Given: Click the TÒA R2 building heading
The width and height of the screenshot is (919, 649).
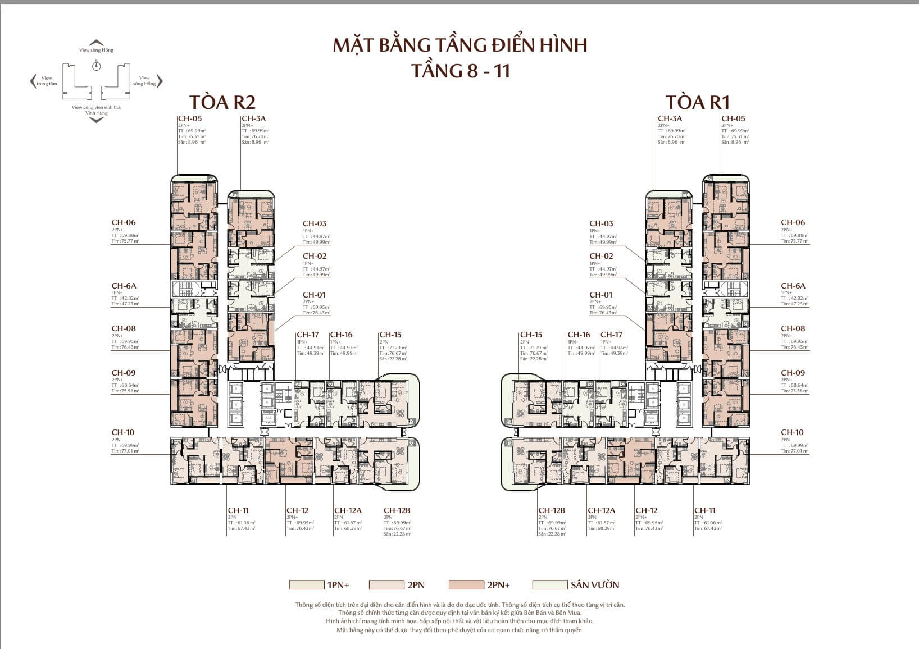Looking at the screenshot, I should tap(222, 102).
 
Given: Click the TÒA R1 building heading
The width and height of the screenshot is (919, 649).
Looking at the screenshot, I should tap(697, 102).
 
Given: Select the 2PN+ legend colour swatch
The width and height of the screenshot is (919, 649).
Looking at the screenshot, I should tap(466, 585).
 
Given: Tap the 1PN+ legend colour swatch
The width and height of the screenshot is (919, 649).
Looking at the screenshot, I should tap(306, 585).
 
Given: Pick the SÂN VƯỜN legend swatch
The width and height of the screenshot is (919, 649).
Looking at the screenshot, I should tap(549, 585).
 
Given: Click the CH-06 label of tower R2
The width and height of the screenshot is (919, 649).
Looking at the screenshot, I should tap(124, 222).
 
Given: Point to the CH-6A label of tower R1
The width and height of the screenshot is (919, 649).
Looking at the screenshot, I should tap(793, 286).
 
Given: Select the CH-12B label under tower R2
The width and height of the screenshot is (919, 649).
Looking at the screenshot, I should tap(397, 510).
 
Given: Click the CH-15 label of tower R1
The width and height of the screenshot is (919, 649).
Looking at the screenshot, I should tap(531, 335).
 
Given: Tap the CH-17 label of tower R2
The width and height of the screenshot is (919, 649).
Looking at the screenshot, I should tap(307, 335).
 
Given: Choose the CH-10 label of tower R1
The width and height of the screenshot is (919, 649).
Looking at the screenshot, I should tap(792, 432).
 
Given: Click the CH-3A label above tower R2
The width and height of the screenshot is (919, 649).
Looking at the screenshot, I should tap(253, 118).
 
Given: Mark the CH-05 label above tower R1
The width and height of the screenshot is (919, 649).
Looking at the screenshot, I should tap(733, 118).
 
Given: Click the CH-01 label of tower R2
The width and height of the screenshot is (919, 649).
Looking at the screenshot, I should tap(314, 295).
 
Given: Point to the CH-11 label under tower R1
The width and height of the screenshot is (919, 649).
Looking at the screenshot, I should tap(705, 510).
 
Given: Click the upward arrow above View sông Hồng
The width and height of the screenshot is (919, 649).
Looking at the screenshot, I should tap(97, 43).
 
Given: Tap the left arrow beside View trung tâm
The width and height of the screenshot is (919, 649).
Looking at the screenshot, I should tap(33, 81).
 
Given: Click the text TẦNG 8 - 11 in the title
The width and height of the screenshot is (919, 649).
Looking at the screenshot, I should tap(460, 71).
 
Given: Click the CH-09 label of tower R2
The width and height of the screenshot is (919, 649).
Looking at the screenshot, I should tap(124, 373).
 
